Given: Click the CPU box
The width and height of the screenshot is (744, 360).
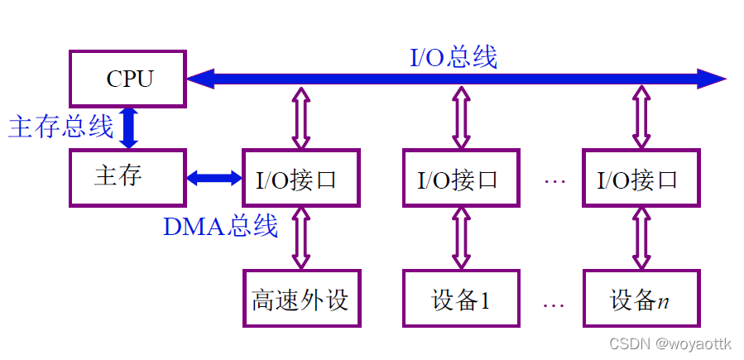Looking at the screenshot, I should coord(128,79).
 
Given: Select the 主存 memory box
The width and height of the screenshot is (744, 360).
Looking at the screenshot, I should coord(127,177).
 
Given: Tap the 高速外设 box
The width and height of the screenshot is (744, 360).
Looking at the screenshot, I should coord(300,298).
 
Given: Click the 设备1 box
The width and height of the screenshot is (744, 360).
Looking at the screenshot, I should coord(461,298).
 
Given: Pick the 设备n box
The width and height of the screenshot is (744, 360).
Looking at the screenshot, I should coord(640,298).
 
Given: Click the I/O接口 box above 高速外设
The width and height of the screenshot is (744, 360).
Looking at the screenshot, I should coord(300,178).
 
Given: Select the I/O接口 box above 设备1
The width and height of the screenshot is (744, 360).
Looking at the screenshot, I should coord(461,178).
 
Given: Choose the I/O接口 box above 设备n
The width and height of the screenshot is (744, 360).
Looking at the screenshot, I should coord(640,178).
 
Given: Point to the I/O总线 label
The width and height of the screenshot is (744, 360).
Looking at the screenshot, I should coord(454,57).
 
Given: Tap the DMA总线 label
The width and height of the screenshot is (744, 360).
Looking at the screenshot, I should coord(220,226).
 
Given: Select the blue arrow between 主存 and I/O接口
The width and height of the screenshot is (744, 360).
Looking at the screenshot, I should coord(214,178).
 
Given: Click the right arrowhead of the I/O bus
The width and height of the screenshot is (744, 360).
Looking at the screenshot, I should coord(713,79).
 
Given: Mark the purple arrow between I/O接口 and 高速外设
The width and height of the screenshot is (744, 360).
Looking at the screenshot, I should coord(300,238).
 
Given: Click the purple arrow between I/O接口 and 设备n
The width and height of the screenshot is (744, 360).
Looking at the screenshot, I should coord(640,238).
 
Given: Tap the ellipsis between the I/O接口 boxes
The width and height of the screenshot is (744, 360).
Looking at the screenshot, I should coord(554,180).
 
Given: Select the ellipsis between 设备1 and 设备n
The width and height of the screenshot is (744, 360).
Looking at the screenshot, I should coord(554,303).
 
